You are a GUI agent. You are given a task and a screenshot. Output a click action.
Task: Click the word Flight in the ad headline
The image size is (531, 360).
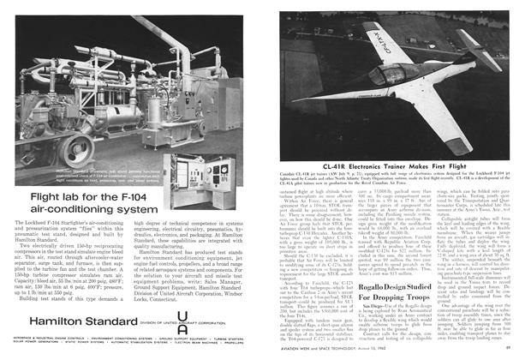pos(51,195)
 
